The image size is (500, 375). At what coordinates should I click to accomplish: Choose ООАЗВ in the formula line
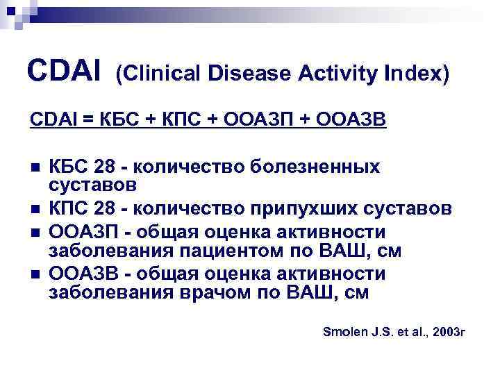pyautogui.click(x=351, y=121)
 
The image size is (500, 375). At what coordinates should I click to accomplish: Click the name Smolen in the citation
pyautogui.click(x=347, y=333)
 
